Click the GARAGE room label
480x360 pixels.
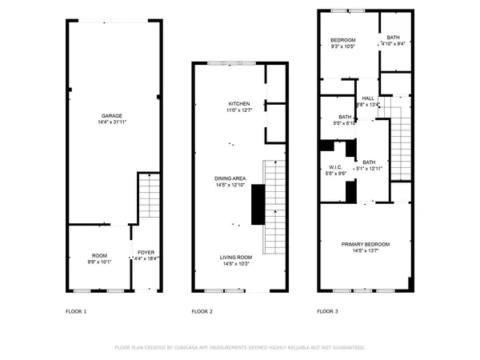coord(111,115)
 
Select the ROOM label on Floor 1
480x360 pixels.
coord(99,256)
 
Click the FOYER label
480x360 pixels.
coord(146,252)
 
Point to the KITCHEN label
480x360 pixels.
coord(239,104)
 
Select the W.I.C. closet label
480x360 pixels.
coord(335,167)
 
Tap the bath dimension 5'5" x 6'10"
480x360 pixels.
coord(344,123)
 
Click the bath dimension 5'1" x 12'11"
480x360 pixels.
coord(370,169)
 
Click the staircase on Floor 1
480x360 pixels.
coord(150,195)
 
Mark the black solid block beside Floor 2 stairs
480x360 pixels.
coord(258,205)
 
